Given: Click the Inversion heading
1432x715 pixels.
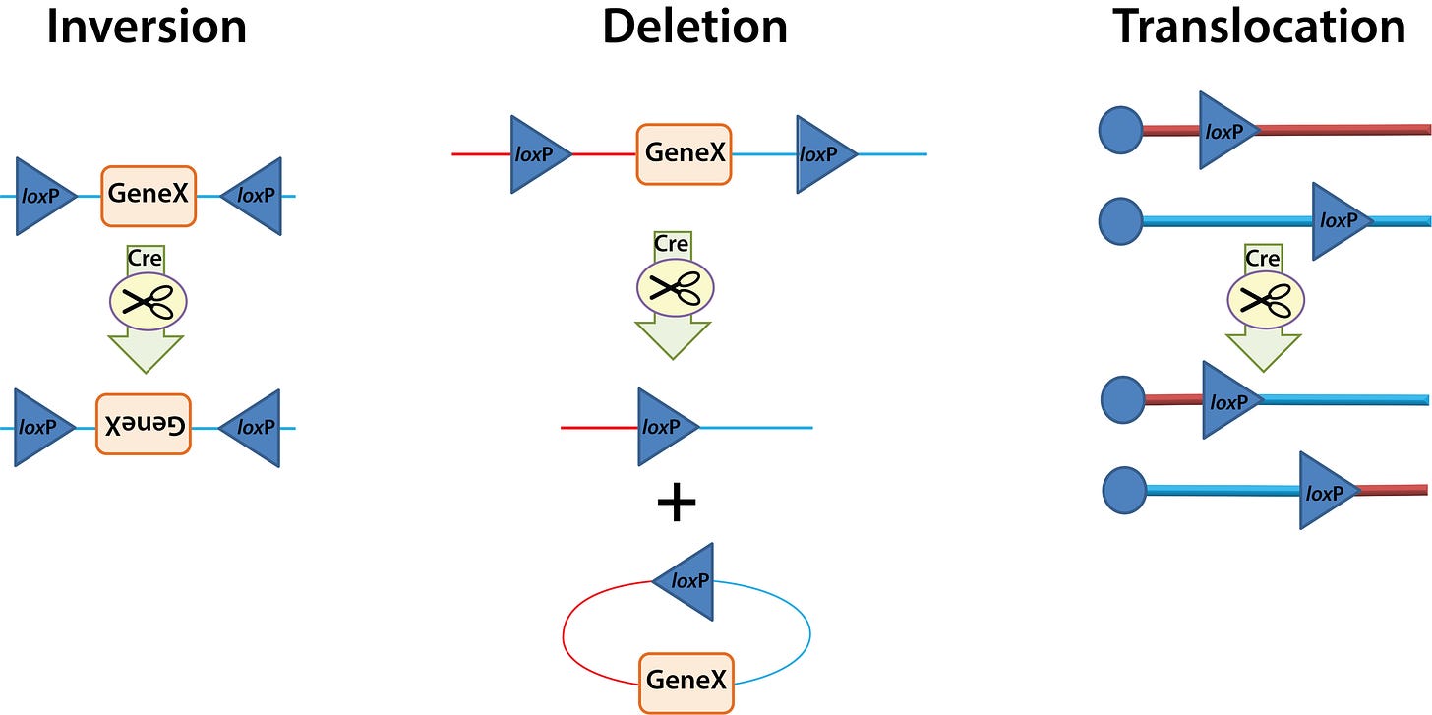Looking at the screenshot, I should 147,28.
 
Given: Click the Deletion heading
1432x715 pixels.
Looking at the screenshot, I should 694,28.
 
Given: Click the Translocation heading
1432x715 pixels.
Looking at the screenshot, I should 1259,28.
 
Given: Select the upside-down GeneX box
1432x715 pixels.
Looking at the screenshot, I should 143,424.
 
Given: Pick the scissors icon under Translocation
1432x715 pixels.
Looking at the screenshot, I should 1264,300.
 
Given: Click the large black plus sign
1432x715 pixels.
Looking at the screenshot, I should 676,504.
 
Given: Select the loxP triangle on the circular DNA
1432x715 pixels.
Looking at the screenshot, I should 686,580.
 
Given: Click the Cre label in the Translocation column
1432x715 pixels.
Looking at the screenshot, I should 1262,259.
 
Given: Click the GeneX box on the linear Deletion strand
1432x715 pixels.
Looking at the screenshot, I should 684,153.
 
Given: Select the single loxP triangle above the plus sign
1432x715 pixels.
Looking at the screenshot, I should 663,427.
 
